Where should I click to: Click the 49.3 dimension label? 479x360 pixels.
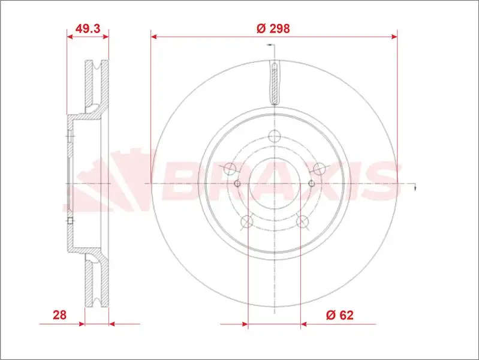88,28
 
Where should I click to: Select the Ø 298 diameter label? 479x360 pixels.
273,28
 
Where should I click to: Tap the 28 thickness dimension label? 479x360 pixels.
59,315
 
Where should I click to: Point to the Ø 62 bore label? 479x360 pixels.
340,315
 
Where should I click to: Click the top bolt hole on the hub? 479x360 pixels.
275,136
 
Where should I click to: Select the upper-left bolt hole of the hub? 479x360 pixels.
230,169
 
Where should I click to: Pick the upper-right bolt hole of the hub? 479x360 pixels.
319,169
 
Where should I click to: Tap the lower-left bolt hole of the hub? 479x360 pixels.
247,221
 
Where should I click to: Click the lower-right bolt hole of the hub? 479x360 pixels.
302,221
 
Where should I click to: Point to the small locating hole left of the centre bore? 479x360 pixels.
237,184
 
